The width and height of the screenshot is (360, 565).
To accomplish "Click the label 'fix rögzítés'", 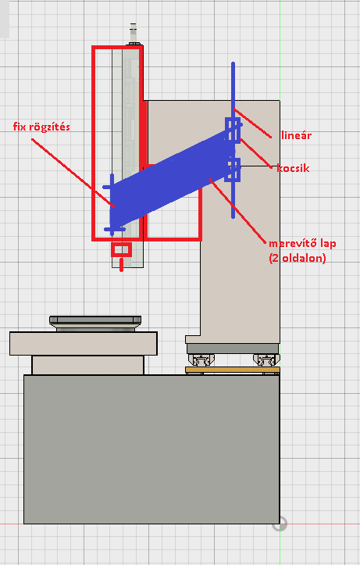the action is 41,127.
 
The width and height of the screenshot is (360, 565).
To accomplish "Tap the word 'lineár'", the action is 296,135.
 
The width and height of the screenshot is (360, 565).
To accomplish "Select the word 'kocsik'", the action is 293,168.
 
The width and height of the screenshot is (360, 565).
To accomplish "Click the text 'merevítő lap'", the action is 302,243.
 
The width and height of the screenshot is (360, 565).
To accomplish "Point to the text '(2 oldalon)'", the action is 298,258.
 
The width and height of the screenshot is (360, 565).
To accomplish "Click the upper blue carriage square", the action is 233,130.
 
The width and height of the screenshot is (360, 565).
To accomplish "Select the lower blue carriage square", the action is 233,170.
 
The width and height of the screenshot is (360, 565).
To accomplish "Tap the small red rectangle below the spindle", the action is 121,249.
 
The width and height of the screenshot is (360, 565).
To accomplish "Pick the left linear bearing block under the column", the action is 201,359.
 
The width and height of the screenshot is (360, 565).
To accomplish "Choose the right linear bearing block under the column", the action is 266,359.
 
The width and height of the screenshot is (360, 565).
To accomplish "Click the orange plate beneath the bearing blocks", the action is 233,370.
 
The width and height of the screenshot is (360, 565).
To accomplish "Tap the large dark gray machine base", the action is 151,449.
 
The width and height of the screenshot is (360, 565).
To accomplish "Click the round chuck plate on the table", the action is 95,324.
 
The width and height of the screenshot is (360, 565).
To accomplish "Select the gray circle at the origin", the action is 280,524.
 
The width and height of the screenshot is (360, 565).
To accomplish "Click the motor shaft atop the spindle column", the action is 133,34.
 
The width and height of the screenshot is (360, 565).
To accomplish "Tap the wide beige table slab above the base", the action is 84,344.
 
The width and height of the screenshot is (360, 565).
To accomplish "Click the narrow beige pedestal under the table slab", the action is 87,365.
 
